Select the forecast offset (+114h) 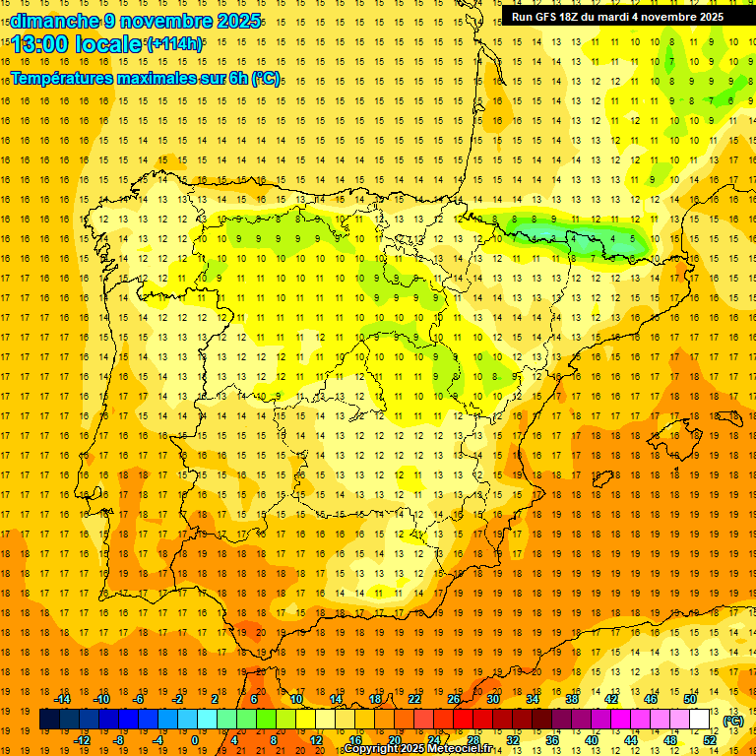coord(175,44)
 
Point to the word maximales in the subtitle coord(152,78)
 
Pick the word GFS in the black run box coord(548,17)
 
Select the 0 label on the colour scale coord(195,740)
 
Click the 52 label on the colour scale coord(710,740)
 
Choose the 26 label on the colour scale coord(454,699)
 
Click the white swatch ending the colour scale coord(700,720)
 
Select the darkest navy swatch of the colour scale coord(49,720)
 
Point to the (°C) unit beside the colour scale coord(732,721)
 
